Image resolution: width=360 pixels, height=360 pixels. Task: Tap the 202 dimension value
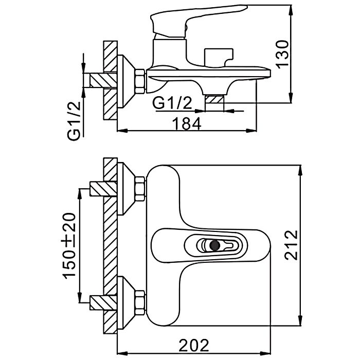point(195,344)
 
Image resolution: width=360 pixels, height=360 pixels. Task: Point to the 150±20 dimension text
point(70,246)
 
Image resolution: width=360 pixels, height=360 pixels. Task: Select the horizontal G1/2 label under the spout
point(172,104)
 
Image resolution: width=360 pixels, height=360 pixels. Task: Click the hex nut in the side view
point(139,81)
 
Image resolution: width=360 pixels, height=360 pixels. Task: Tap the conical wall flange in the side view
point(125,81)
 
